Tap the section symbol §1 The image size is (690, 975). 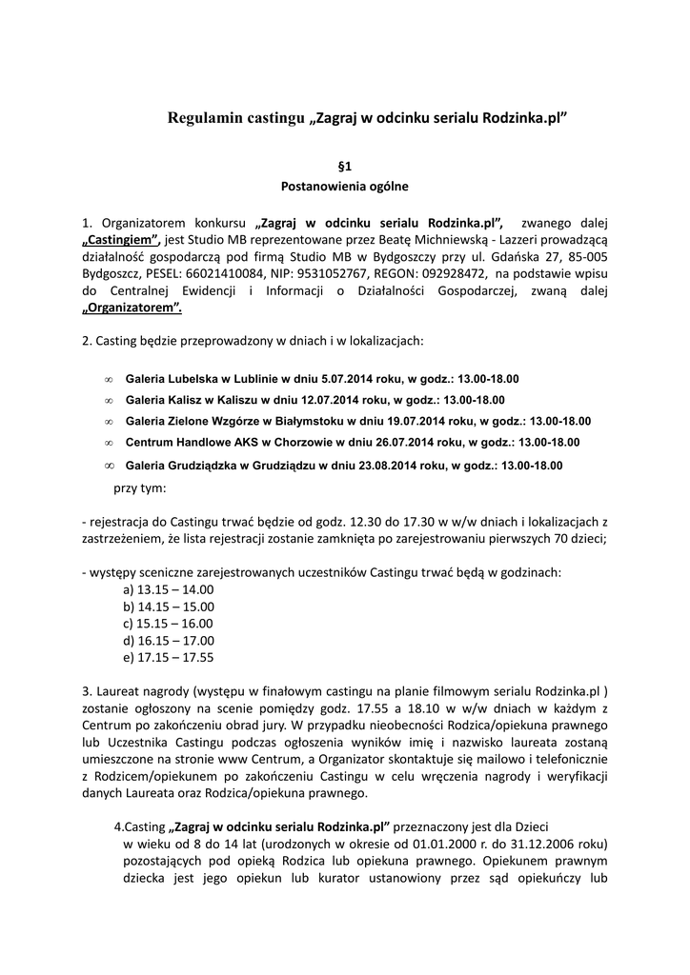tap(344, 166)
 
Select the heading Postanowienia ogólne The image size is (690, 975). tap(344, 187)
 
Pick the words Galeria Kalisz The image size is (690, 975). tap(161, 400)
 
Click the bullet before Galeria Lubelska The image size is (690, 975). tap(108, 379)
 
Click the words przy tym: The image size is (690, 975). tap(139, 487)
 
